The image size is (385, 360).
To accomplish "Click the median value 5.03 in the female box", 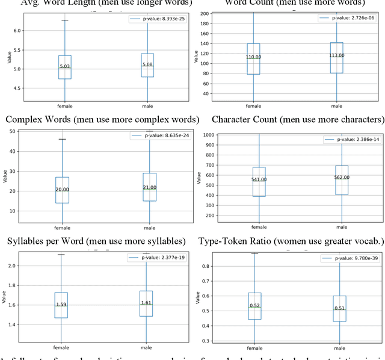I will pos(64,67).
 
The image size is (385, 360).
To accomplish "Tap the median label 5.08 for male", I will pos(147,64).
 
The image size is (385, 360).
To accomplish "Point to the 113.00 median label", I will pos(337,56).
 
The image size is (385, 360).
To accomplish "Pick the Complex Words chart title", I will pos(102,119).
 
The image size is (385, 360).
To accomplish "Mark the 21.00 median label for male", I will pos(149,187).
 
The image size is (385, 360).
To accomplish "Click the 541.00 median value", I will pos(259,179).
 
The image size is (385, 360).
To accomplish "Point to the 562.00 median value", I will pos(341,178).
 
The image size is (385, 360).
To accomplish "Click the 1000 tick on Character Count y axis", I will pos(209,135).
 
